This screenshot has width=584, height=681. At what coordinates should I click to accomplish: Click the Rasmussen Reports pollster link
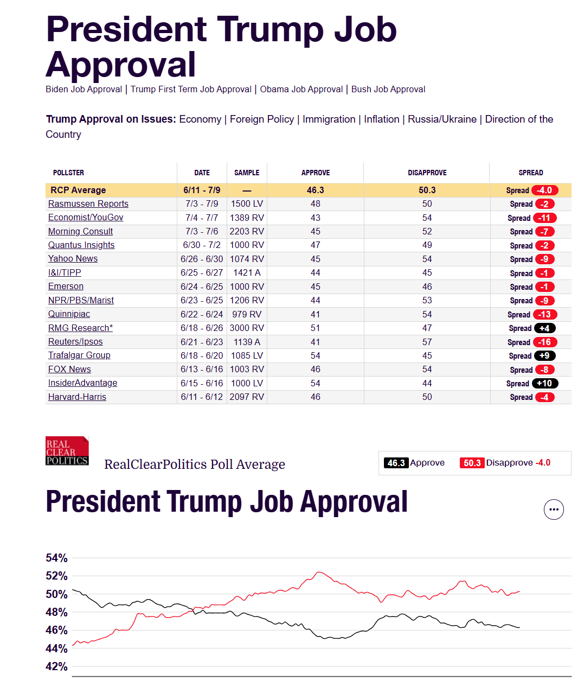[88, 204]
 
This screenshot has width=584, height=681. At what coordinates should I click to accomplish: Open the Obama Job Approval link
[301, 90]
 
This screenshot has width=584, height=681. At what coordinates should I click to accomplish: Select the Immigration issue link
[329, 119]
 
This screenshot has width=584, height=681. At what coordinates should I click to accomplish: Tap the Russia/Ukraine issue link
[442, 119]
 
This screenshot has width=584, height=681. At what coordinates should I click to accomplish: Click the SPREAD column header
[530, 173]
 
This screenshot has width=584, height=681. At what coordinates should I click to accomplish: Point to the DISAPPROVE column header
[427, 173]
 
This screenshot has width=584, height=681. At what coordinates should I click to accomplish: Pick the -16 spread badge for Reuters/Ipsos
[545, 342]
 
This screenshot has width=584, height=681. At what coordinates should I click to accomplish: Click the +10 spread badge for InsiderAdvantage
[545, 384]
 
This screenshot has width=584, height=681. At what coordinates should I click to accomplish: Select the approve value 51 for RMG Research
[315, 328]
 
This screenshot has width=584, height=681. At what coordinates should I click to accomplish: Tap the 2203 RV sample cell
[247, 232]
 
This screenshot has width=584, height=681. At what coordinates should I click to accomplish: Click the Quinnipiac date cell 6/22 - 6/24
[202, 315]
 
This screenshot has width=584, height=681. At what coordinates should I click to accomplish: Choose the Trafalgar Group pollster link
[79, 355]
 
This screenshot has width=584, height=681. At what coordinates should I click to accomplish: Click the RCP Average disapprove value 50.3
[427, 190]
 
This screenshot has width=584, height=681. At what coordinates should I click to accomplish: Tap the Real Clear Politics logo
[67, 451]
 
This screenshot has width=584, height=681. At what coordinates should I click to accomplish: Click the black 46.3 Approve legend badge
[396, 463]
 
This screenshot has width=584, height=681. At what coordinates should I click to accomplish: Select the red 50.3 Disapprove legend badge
[472, 463]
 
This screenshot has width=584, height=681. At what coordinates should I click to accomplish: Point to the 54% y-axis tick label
[56, 558]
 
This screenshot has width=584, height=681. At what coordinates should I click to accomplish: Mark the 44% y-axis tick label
[56, 648]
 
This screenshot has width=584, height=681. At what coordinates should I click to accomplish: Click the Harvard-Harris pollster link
[77, 397]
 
